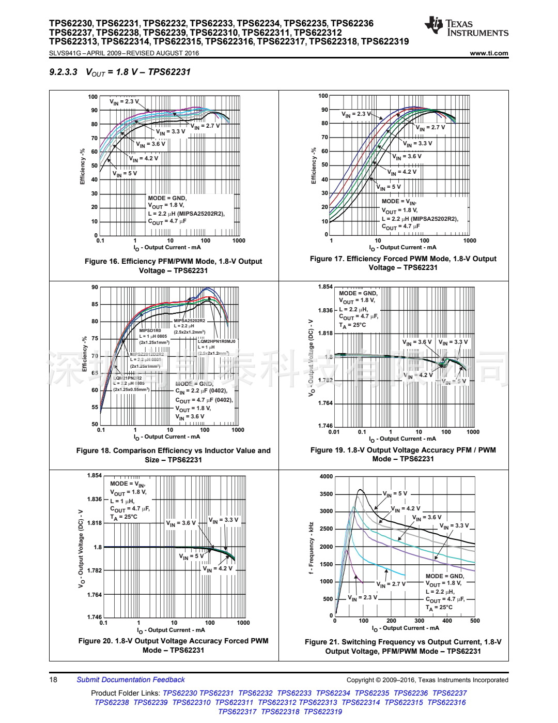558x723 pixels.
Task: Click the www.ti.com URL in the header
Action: (x=489, y=53)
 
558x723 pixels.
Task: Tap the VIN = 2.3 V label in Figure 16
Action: (x=124, y=102)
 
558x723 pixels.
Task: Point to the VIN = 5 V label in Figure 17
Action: (x=389, y=187)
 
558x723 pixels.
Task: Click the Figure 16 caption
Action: (x=174, y=266)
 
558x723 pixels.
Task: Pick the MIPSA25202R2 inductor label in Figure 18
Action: (x=189, y=321)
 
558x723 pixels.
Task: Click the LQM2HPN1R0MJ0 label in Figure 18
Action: (x=216, y=341)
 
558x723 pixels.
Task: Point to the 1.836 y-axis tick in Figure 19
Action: (x=326, y=310)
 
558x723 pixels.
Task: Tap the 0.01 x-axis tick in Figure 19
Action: (x=334, y=432)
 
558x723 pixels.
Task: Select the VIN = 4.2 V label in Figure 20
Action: (x=218, y=568)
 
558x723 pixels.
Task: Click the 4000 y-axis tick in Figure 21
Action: (x=326, y=476)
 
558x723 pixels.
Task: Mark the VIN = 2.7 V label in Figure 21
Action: (x=391, y=584)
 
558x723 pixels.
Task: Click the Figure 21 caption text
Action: (x=403, y=646)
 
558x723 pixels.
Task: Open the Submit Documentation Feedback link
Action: (x=131, y=680)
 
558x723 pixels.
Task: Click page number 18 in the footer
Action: (x=53, y=680)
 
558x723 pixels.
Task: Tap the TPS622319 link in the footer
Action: (x=323, y=712)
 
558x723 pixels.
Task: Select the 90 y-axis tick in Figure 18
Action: (x=95, y=287)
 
